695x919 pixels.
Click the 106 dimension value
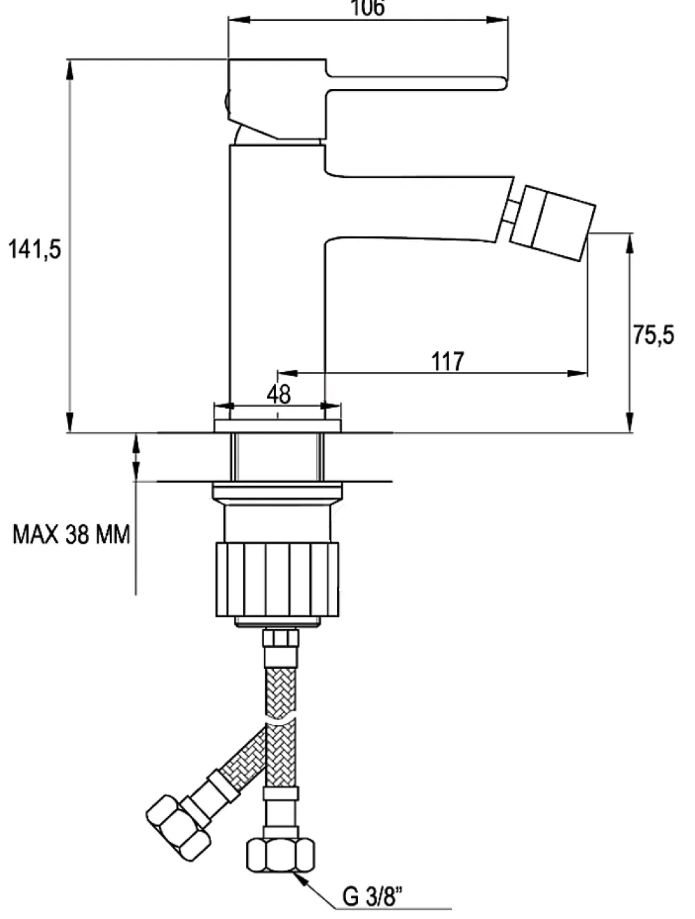pyautogui.click(x=368, y=8)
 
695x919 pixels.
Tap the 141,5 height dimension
pyautogui.click(x=35, y=250)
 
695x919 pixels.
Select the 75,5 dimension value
pyautogui.click(x=653, y=335)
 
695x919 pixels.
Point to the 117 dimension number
pyautogui.click(x=448, y=361)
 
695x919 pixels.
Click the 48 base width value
pyautogui.click(x=278, y=394)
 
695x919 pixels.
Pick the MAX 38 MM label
pyautogui.click(x=71, y=535)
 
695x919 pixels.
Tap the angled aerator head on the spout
pyautogui.click(x=553, y=223)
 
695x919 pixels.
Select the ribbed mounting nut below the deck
pyautogui.click(x=277, y=579)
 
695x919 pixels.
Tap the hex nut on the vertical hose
pyautogui.click(x=280, y=855)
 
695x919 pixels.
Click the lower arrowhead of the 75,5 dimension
pyautogui.click(x=630, y=423)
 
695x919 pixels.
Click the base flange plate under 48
pyautogui.click(x=277, y=425)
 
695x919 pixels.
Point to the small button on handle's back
pyautogui.click(x=227, y=104)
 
